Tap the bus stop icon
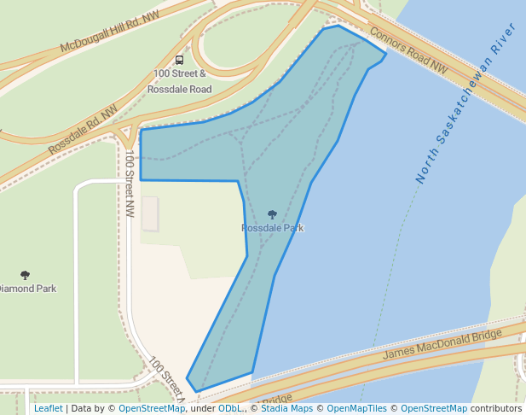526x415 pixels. [x=179, y=60]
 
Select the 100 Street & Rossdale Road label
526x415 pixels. [x=179, y=81]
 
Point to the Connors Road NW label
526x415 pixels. [x=409, y=55]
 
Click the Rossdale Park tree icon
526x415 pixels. [x=272, y=214]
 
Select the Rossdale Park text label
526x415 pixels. [x=272, y=228]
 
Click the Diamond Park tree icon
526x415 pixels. [x=25, y=275]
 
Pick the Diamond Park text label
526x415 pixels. [x=27, y=289]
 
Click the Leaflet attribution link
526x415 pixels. [x=48, y=408]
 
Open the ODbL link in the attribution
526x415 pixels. [x=229, y=408]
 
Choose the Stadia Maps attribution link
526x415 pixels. [x=286, y=408]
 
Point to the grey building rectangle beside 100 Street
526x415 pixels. [x=150, y=213]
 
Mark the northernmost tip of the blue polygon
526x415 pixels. [x=338, y=26]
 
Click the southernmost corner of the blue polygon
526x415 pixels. [x=196, y=392]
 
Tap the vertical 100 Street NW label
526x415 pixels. [x=130, y=183]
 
